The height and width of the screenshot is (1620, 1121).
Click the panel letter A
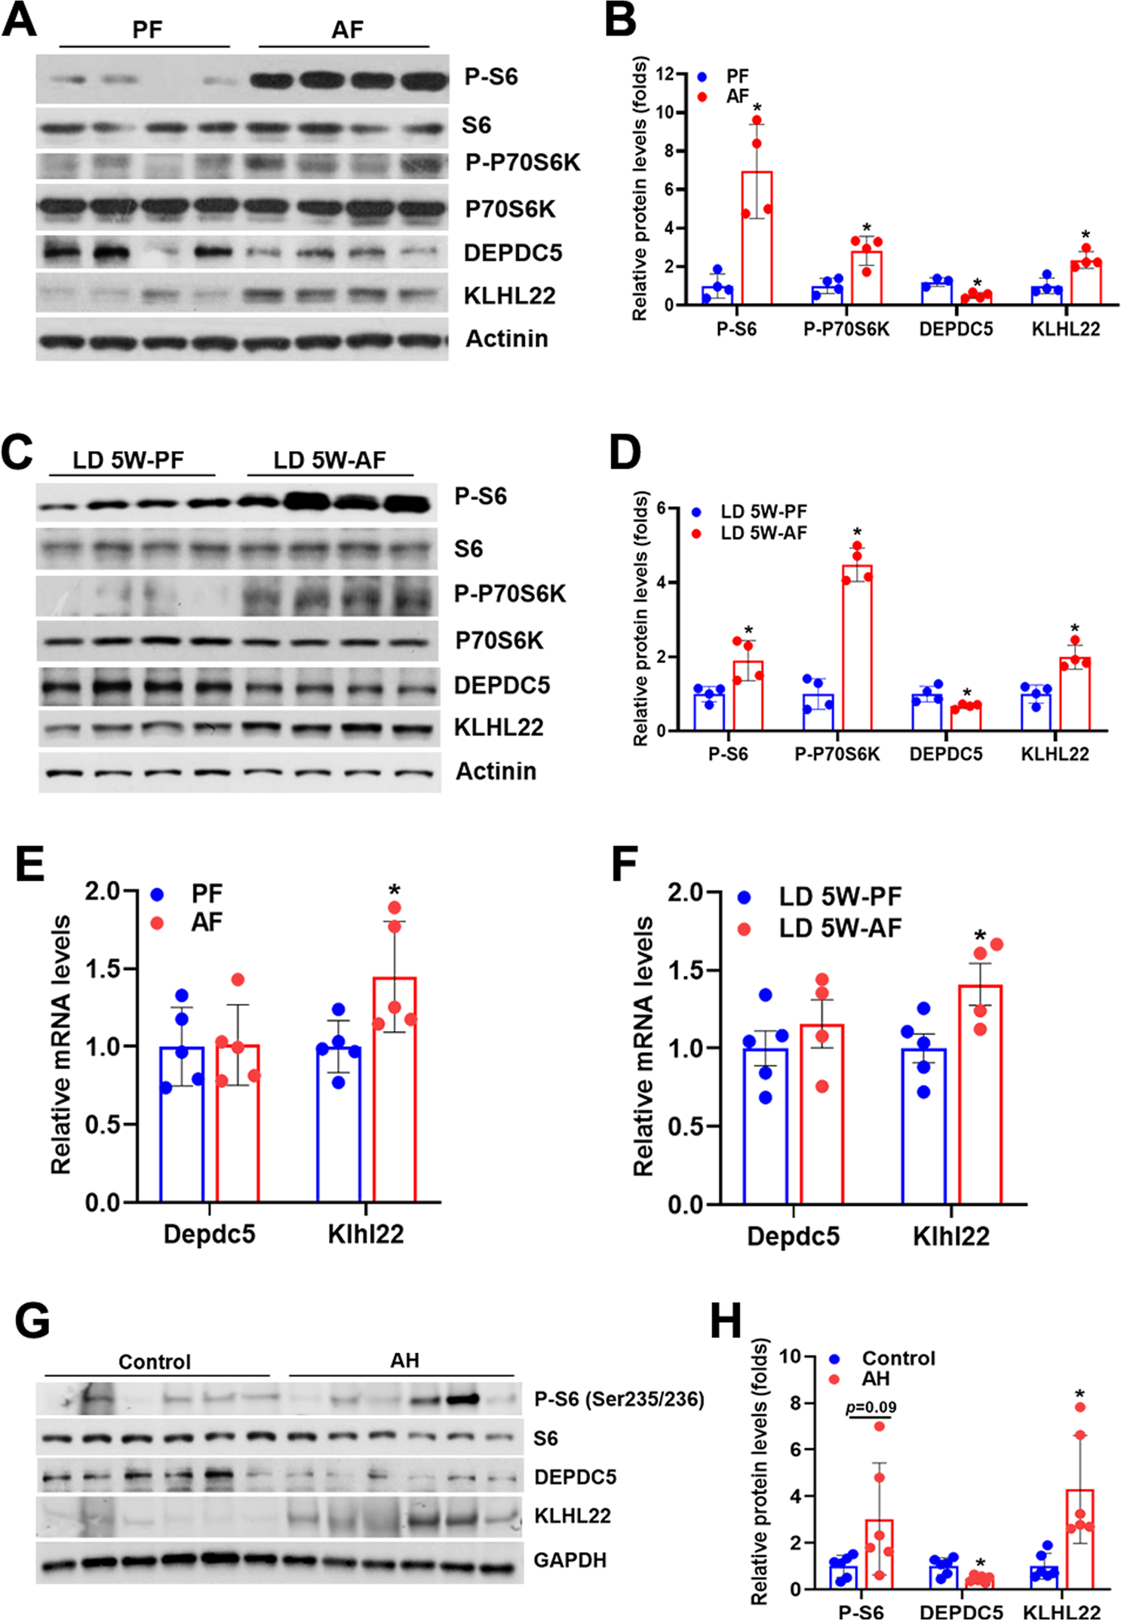tap(19, 20)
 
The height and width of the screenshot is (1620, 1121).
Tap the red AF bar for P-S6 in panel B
tap(757, 238)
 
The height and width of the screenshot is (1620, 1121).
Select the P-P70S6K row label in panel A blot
tap(522, 163)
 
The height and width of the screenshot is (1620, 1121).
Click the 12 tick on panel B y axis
tap(665, 74)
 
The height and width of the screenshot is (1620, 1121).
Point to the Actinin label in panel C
tap(496, 772)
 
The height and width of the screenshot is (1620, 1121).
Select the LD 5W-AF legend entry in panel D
tap(763, 532)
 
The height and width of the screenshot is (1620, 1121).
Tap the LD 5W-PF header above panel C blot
tap(128, 460)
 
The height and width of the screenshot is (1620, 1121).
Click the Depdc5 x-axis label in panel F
tap(793, 1236)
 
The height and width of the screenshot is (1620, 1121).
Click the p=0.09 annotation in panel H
tap(871, 1407)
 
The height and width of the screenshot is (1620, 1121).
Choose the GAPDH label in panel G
tap(570, 1560)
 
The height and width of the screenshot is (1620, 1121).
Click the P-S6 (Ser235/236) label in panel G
tap(619, 1400)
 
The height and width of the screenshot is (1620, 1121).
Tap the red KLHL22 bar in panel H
tap(1080, 1539)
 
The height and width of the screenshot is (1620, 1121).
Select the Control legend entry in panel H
tap(897, 1358)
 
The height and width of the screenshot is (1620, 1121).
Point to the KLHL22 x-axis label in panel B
tap(1065, 329)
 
